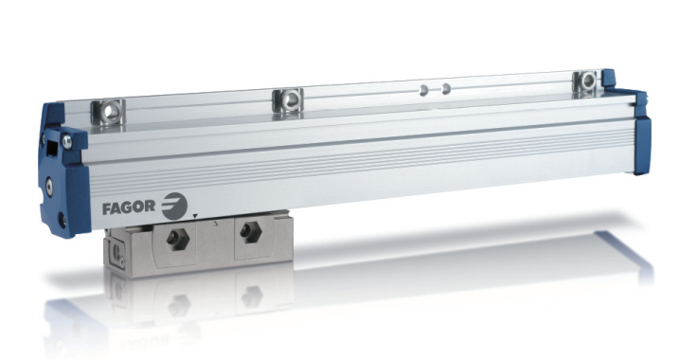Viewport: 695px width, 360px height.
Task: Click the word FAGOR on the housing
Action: [x=129, y=207]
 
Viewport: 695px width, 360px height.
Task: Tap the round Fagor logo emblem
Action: [x=174, y=207]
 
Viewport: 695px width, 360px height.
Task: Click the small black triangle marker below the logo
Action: [x=195, y=215]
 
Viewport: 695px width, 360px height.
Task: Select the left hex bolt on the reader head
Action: [x=178, y=240]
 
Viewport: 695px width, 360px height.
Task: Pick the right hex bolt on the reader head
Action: [x=250, y=232]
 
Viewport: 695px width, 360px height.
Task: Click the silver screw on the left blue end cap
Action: [x=67, y=141]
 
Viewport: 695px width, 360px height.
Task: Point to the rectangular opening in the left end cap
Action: [x=52, y=149]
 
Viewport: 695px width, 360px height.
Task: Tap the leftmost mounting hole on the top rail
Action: [x=109, y=112]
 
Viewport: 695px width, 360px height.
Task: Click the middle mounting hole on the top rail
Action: [x=290, y=100]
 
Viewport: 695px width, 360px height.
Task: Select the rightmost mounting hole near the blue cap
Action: [x=588, y=81]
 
